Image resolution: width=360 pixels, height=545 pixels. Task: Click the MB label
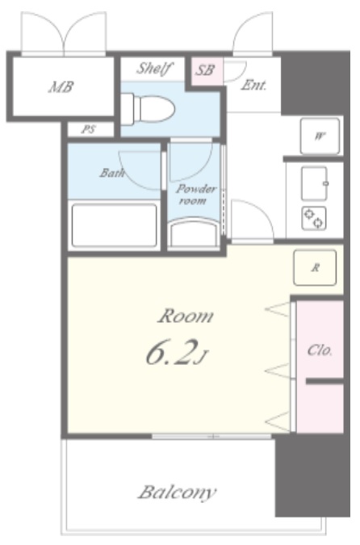point(61,87)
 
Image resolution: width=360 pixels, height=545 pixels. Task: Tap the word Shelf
point(154,69)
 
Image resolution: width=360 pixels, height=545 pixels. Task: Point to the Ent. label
point(253,85)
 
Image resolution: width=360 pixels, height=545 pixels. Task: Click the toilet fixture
point(148,109)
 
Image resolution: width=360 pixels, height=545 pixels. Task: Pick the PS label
point(88,130)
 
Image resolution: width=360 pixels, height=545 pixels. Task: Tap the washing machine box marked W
point(320,136)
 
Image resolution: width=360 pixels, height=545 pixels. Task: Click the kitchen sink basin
point(315,183)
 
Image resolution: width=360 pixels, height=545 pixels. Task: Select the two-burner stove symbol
point(314,218)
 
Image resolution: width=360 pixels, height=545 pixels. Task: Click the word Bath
point(112,173)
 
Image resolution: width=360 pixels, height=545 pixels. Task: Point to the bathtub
point(114,225)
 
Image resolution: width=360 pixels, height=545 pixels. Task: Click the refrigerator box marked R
point(315,267)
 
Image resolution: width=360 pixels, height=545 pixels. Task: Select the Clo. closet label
point(320,350)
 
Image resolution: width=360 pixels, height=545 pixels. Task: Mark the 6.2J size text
point(177,352)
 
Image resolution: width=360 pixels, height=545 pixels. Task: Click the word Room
point(186,317)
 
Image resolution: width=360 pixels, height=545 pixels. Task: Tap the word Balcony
point(178,493)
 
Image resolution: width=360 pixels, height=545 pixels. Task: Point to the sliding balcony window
point(211,436)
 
